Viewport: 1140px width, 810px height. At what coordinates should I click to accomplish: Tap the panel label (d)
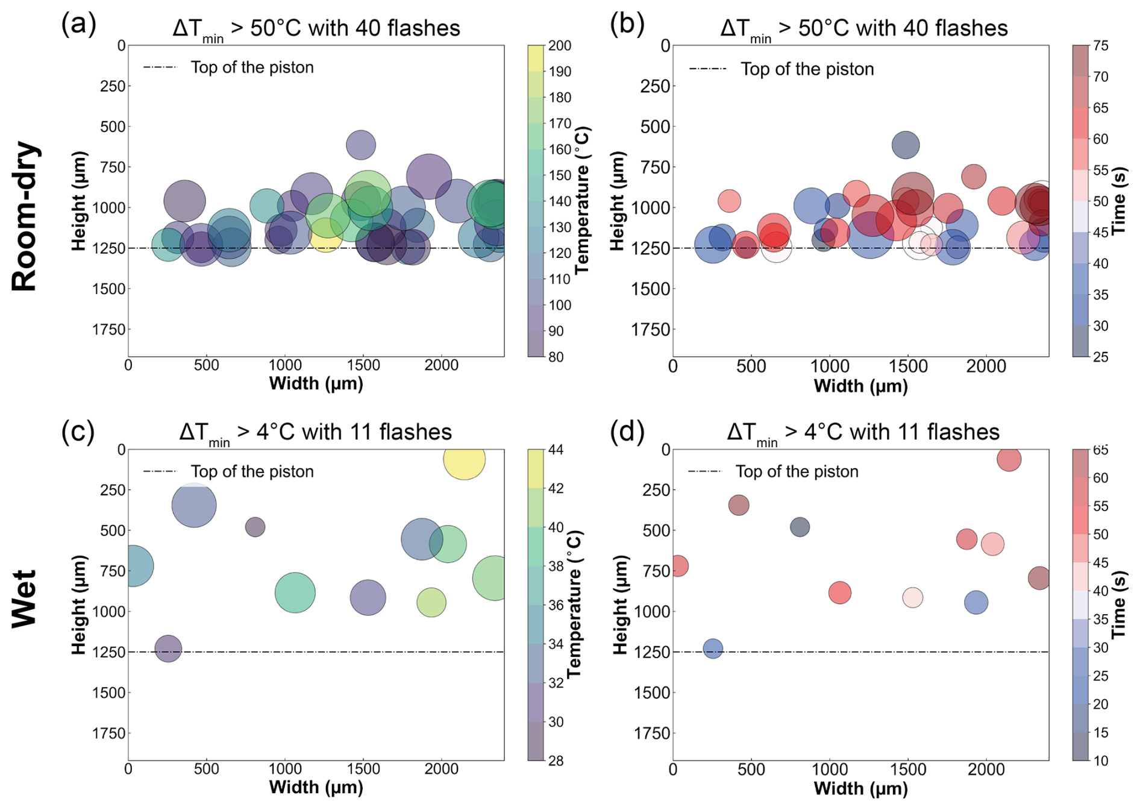point(627,432)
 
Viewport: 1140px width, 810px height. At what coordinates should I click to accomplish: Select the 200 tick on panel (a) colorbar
point(560,46)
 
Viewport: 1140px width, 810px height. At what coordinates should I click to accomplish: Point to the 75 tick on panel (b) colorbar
point(1100,46)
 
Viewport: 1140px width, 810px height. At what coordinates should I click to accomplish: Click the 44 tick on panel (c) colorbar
point(556,450)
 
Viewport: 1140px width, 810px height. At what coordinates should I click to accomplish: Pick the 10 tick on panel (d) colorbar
point(1100,761)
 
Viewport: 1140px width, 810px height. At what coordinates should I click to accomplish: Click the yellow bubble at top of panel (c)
point(464,459)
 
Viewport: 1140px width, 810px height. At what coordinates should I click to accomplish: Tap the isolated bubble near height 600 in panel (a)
point(361,145)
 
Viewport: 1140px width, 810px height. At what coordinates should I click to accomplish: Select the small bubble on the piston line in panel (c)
point(168,648)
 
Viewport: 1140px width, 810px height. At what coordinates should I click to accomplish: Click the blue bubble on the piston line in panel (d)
point(713,648)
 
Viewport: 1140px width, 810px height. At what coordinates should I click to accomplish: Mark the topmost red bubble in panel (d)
point(1009,459)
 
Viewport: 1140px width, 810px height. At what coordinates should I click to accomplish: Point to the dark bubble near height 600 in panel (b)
point(905,145)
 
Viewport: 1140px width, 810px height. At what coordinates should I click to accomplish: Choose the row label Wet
point(25,598)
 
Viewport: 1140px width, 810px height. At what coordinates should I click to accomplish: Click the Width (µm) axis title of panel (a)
point(316,383)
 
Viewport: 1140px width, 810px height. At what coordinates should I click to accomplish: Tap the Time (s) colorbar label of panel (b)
point(1120,201)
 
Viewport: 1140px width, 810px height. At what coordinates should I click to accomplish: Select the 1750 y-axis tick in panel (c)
point(108,733)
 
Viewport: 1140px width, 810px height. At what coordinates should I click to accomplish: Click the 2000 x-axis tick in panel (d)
point(986,770)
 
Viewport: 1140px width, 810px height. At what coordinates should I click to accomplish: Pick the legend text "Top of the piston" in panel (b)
point(807,69)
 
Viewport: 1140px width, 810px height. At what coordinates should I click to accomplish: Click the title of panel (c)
point(316,433)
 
